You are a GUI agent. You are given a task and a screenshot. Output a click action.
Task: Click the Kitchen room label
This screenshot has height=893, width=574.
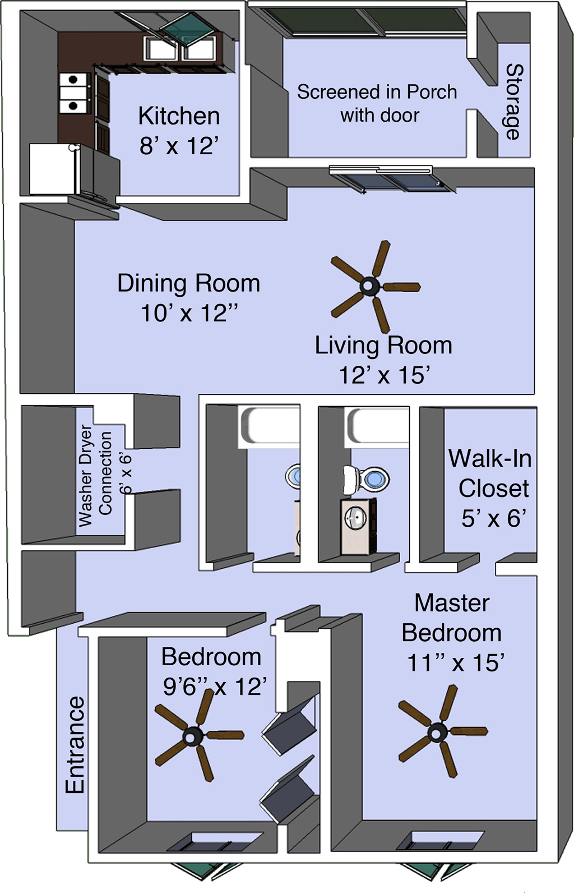click(x=179, y=116)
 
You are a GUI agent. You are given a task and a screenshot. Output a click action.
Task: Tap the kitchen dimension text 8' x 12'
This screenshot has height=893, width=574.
click(x=179, y=146)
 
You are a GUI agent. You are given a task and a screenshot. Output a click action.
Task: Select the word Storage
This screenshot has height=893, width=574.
click(x=515, y=102)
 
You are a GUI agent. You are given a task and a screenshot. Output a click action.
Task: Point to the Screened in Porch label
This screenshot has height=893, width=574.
click(x=377, y=92)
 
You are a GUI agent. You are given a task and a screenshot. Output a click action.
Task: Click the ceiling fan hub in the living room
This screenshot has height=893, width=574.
click(x=369, y=286)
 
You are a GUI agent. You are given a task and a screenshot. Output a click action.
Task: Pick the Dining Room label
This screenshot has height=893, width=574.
click(x=189, y=283)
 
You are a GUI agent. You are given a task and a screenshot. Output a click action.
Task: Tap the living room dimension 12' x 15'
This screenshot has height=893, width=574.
click(x=384, y=375)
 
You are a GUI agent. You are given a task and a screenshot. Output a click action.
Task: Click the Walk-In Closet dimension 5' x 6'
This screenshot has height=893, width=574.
click(x=493, y=518)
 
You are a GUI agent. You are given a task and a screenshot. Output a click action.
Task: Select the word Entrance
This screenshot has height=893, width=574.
click(x=75, y=745)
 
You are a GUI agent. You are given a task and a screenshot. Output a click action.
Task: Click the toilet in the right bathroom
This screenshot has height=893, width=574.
click(x=366, y=479)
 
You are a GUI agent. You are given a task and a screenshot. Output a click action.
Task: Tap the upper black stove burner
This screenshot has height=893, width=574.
click(x=73, y=79)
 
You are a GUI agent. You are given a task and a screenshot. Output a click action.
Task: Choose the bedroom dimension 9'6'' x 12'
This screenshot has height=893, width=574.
click(x=215, y=687)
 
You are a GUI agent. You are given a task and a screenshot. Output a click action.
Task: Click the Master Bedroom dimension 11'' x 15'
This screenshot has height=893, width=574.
click(x=456, y=663)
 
